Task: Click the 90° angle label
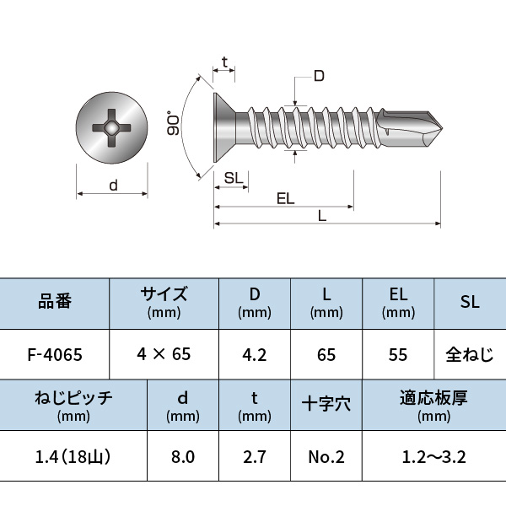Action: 174,125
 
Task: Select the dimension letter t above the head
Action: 223,62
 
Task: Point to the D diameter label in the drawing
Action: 318,77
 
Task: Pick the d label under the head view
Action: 112,186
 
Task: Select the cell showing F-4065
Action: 55,354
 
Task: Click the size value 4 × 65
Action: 164,354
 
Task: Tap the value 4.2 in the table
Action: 254,354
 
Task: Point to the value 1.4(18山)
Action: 73,457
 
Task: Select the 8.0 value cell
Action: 183,457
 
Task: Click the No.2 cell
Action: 326,457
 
